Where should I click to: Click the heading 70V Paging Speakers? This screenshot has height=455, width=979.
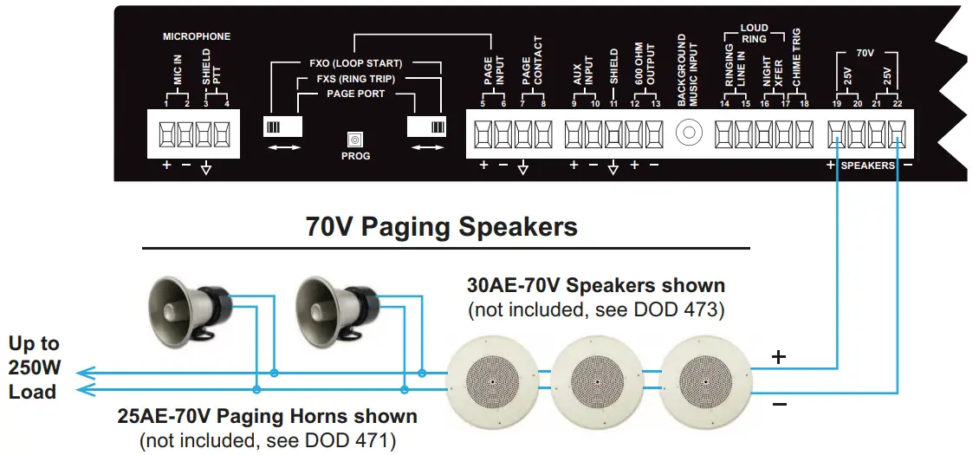click(x=441, y=227)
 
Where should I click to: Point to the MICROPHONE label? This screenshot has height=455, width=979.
click(x=197, y=37)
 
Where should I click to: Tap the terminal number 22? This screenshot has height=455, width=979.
click(x=897, y=104)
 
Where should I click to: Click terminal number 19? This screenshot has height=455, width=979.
click(x=837, y=104)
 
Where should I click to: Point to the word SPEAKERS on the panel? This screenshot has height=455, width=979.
click(x=868, y=166)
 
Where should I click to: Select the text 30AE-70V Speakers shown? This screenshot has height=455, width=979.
click(x=595, y=285)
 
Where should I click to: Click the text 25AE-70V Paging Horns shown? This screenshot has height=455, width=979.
click(x=267, y=416)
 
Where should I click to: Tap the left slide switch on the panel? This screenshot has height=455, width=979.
click(x=282, y=127)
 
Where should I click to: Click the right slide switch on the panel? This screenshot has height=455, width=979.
click(x=426, y=127)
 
